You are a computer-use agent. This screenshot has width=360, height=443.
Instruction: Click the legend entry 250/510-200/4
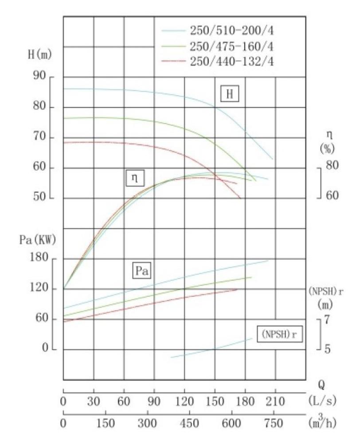[x=232, y=31]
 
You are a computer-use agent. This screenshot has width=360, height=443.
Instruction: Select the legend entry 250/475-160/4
[x=232, y=46]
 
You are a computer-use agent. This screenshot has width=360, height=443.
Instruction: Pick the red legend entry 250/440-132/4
[x=232, y=61]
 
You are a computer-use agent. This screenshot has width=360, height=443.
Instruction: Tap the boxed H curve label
[x=230, y=94]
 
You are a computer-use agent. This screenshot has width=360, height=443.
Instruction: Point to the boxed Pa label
[x=141, y=271]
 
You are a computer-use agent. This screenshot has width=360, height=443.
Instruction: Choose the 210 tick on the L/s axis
[x=275, y=401]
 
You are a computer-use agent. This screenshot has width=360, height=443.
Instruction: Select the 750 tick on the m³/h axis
[x=274, y=424]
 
